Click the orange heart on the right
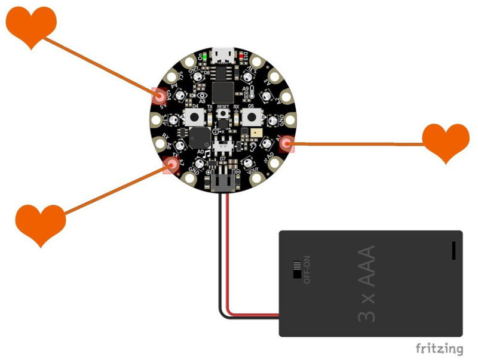click(446, 142)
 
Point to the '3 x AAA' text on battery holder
click(367, 284)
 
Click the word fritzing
click(439, 347)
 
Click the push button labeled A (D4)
click(195, 116)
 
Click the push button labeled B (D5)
click(251, 116)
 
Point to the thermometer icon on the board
click(253, 91)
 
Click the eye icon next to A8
click(203, 94)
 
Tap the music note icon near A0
click(207, 154)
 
